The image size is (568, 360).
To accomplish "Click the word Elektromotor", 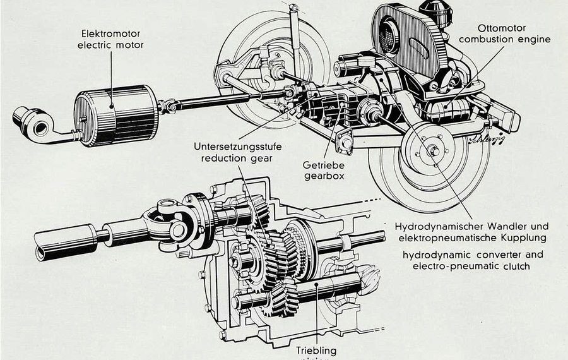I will point(110,33).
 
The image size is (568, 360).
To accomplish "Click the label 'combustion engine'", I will point(504,39).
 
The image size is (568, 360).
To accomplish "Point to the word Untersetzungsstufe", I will point(237,147).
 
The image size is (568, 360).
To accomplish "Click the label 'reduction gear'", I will point(237,158).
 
